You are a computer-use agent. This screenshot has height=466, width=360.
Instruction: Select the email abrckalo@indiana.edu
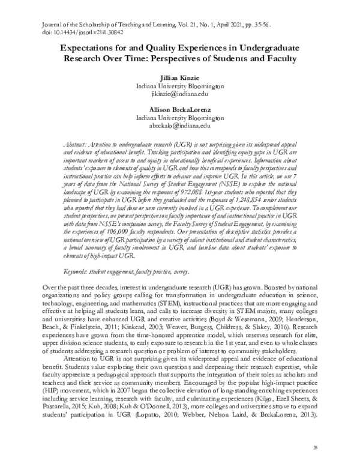tap(181, 126)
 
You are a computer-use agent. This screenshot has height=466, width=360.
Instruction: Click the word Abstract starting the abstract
tap(76, 147)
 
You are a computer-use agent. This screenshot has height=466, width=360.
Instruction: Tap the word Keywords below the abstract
tap(77, 273)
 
